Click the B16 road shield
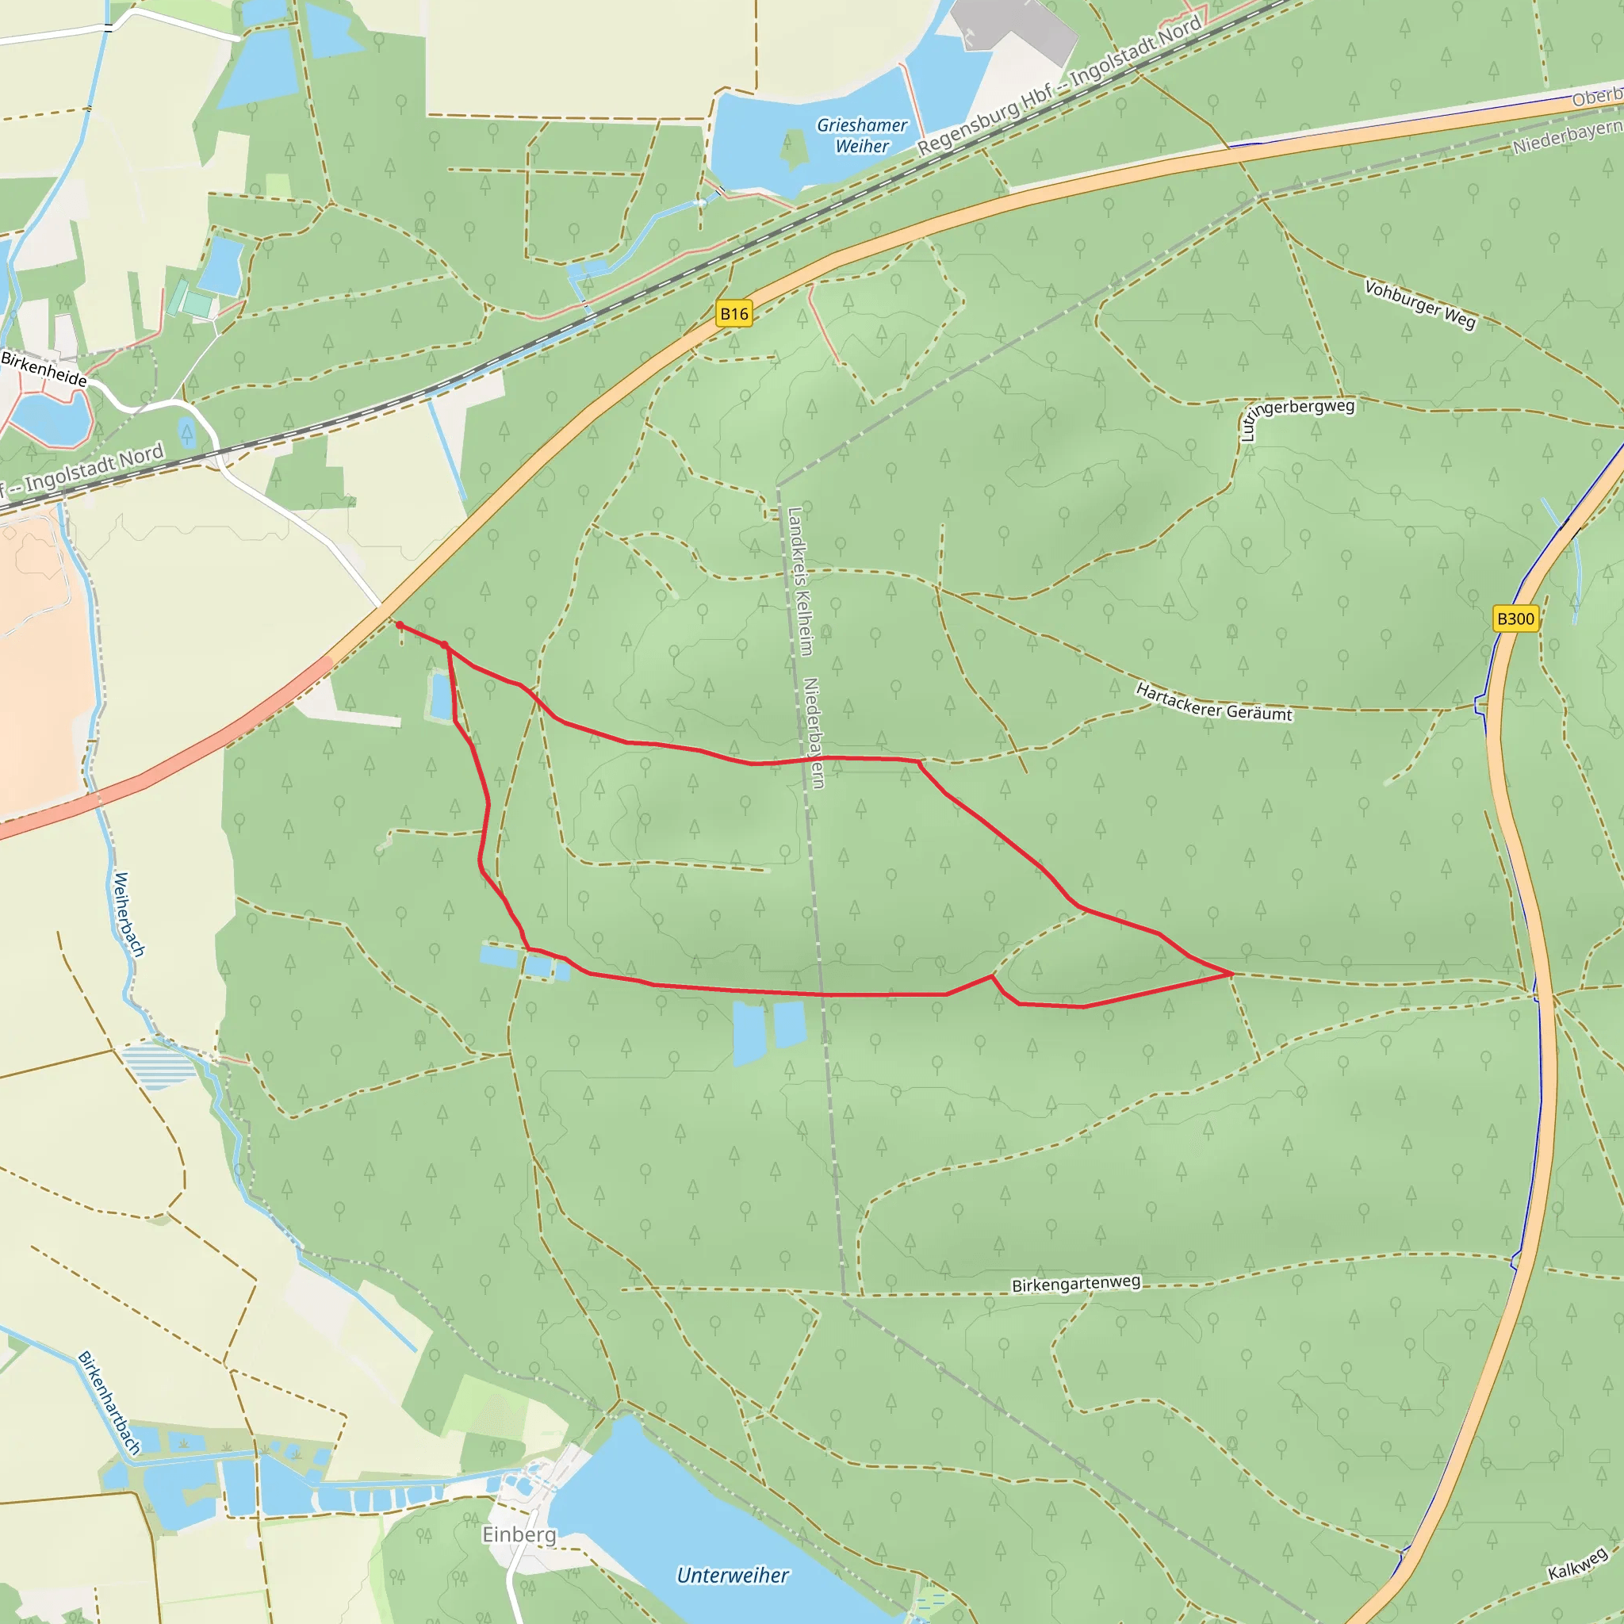coord(733,314)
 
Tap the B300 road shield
coord(1515,619)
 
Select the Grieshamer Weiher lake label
coord(862,136)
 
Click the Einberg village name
coord(519,1534)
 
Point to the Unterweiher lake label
coord(732,1576)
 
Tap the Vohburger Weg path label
coord(1419,304)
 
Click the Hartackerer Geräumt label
coord(1213,703)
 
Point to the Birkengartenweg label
coord(1076,1285)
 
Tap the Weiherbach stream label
coord(128,914)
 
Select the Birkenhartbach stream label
coord(109,1403)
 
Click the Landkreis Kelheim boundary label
coord(799,580)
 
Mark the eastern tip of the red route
coord(1231,974)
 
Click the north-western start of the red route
coord(398,625)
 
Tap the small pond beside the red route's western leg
coord(439,696)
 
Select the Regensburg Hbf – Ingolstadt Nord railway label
coord(1059,86)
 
